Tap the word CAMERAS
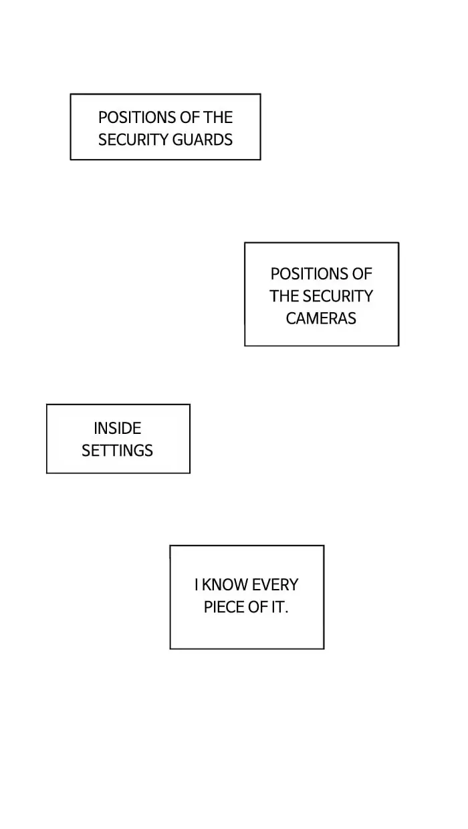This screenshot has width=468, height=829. coord(321,318)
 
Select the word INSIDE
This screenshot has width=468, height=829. coord(118,428)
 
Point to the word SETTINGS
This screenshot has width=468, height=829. coord(118,451)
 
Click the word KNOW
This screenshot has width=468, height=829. coord(223,585)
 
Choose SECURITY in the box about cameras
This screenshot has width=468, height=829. coord(338,296)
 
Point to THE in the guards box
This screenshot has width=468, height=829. coord(218,118)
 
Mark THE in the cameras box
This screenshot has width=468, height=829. coord(284,296)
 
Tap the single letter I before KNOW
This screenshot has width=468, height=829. coord(197,585)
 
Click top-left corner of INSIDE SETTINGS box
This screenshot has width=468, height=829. coord(47,404)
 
